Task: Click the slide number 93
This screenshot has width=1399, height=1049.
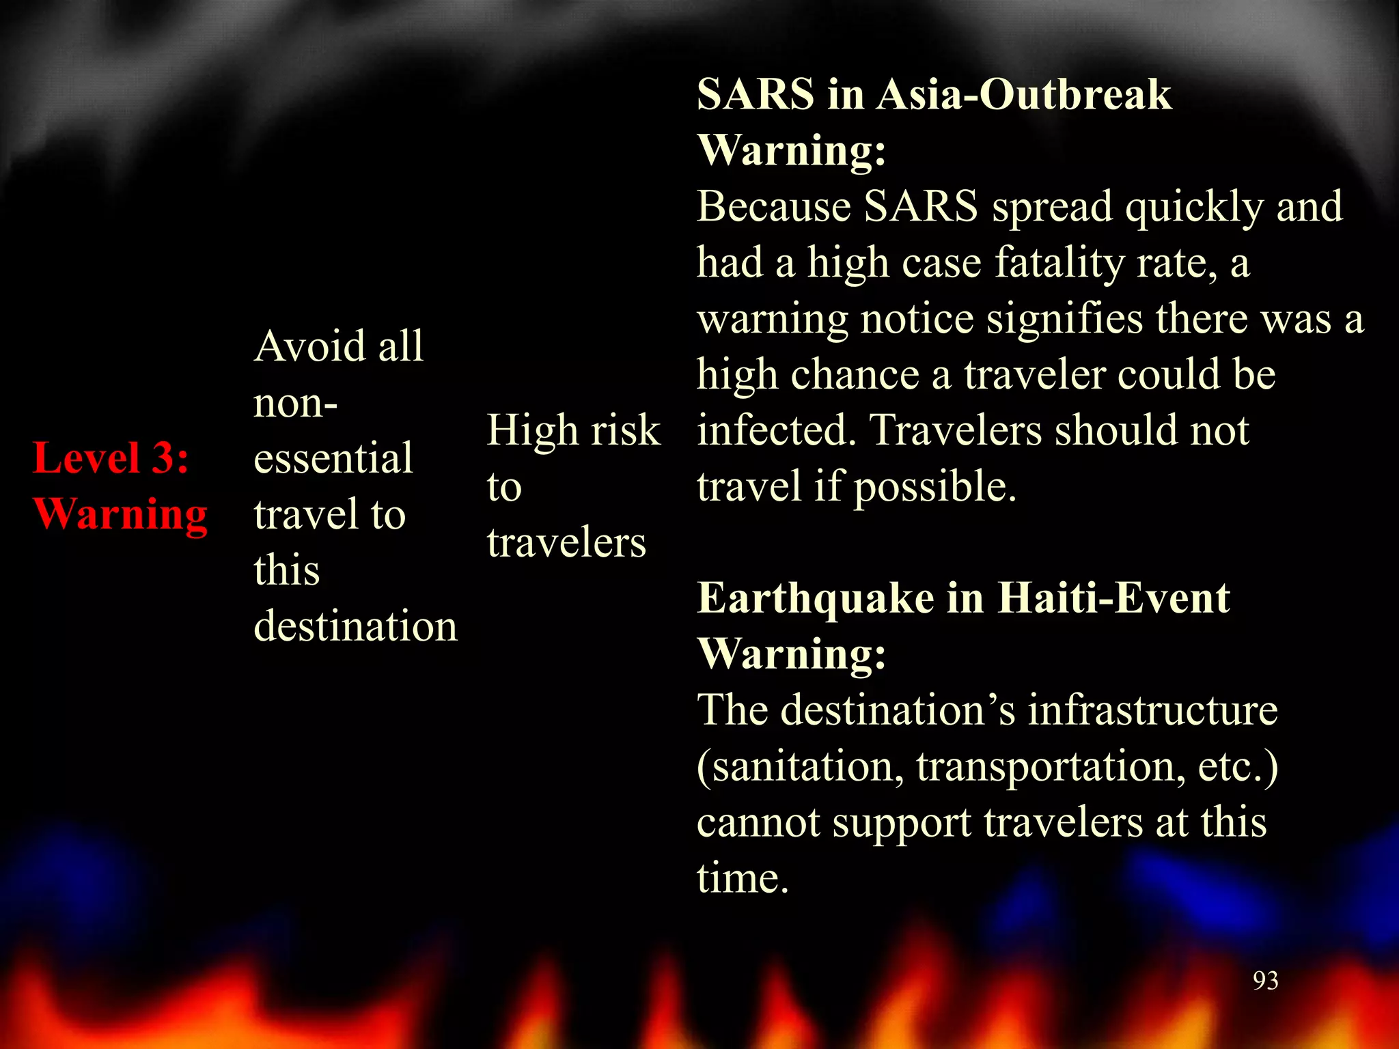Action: (x=1265, y=981)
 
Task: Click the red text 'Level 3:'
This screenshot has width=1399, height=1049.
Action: (x=111, y=458)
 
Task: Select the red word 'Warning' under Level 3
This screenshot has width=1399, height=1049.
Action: (x=120, y=514)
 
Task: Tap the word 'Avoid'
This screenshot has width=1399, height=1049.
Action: (x=309, y=346)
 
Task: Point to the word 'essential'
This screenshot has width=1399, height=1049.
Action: (x=333, y=458)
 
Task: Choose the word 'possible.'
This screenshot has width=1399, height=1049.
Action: (x=935, y=487)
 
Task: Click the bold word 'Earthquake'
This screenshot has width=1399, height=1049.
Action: (x=816, y=599)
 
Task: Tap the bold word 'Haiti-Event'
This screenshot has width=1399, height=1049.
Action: (x=1113, y=598)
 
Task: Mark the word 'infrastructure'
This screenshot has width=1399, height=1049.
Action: (x=1153, y=710)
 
